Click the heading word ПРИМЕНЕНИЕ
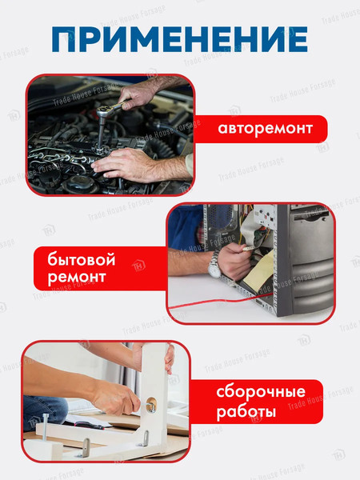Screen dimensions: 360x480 pos(180,39)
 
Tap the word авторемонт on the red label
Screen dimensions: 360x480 pos(265,128)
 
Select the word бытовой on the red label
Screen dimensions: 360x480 pos(82,259)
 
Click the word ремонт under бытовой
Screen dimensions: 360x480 pos(77,278)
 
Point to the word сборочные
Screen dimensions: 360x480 pos(261,392)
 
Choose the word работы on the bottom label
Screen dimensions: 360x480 pos(246,412)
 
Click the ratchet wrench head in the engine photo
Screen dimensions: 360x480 pos(103,111)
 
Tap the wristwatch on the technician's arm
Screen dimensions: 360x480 pos(214,265)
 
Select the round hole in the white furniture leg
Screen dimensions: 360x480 pos(151,405)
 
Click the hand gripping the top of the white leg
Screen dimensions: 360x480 pos(170,358)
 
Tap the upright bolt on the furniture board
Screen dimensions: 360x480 pos(46,426)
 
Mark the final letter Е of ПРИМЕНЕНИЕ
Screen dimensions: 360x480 pos(298,39)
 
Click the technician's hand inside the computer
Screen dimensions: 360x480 pos(234,261)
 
